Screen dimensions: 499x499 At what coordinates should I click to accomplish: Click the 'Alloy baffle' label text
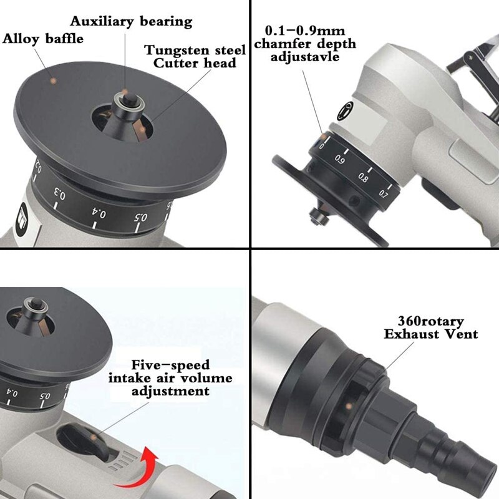point(43,39)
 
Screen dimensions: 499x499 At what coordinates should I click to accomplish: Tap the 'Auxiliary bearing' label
point(131,21)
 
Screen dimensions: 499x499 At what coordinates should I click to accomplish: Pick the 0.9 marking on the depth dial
point(340,160)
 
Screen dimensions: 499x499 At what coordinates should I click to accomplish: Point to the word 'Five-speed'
point(170,365)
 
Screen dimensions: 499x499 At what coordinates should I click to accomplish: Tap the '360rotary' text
point(430,322)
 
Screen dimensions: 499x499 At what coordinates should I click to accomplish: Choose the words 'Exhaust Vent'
point(431,334)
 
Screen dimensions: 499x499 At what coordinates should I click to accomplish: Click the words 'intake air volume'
point(170,378)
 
